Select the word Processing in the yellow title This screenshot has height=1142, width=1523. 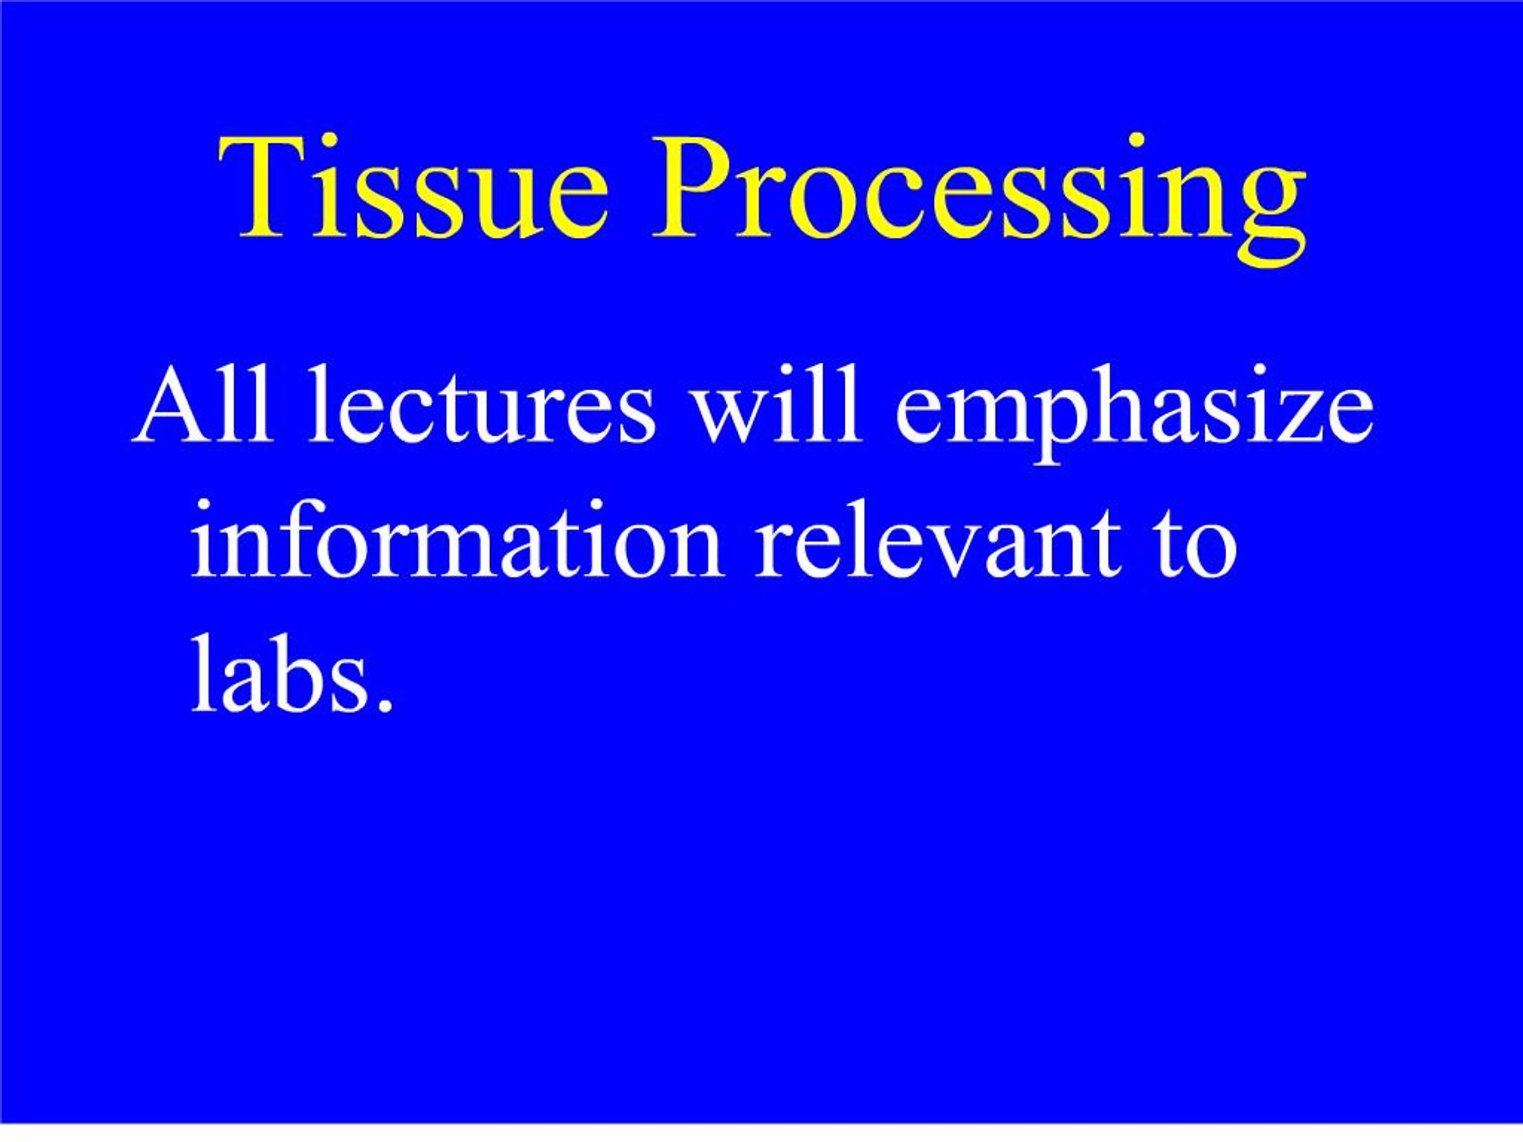point(979,198)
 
